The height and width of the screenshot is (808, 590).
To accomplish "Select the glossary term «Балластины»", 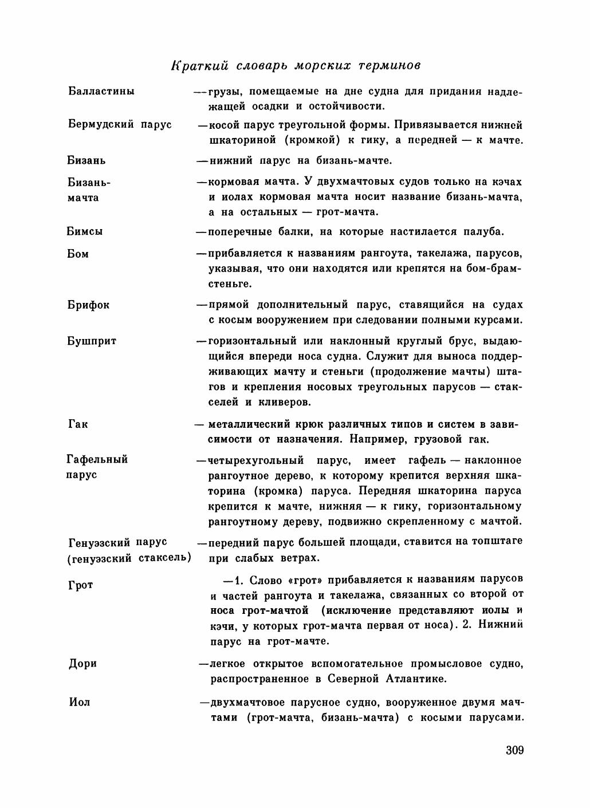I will coord(101,91).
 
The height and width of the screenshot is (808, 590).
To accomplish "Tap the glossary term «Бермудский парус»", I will coord(120,124).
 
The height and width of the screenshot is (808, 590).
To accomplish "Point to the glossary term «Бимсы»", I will coord(85,232).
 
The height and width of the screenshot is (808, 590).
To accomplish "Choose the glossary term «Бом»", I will coord(78,254).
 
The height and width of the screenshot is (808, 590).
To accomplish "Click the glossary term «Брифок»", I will coord(88,305).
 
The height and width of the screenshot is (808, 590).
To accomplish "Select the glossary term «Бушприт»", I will coord(92,341).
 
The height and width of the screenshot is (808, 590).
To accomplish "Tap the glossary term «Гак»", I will coord(77,425).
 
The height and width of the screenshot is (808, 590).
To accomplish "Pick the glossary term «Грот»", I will coord(80,585).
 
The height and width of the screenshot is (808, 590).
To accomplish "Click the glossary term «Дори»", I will coord(82,664).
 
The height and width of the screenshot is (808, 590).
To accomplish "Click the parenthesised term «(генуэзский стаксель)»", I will coord(129,558).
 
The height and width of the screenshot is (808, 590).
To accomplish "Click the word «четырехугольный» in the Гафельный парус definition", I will coord(255,460).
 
